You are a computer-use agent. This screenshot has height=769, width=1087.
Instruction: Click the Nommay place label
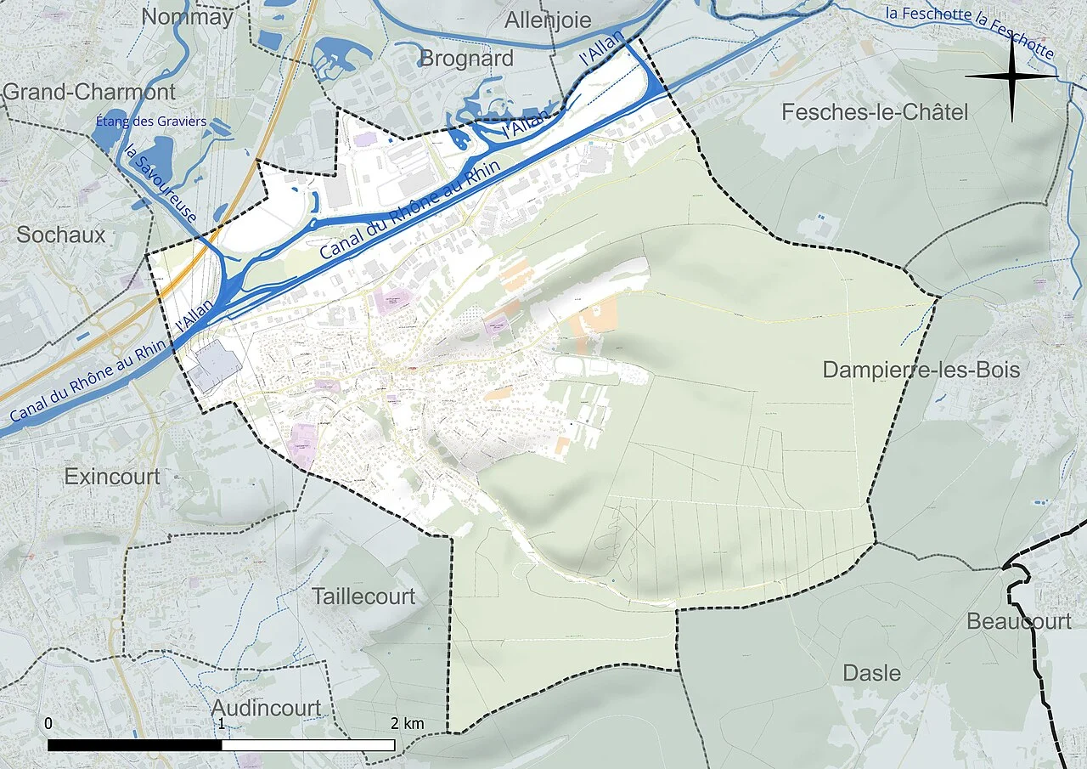click(x=187, y=17)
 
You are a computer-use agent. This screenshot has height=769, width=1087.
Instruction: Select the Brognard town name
click(x=467, y=59)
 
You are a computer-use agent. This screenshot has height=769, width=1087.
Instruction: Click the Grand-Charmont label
click(x=89, y=92)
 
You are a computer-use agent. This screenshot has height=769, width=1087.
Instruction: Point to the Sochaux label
click(x=60, y=235)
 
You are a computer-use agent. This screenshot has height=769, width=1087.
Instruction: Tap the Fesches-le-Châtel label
click(x=874, y=112)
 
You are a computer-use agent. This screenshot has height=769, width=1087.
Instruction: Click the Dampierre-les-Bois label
click(x=921, y=370)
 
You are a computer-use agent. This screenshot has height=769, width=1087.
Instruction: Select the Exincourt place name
click(x=111, y=477)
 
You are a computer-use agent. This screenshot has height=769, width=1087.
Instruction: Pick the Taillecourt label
click(x=363, y=597)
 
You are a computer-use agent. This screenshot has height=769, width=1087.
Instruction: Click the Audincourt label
click(x=266, y=708)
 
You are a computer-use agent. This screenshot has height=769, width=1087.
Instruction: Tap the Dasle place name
click(x=871, y=674)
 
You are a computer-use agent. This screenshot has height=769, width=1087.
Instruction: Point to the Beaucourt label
click(x=1018, y=622)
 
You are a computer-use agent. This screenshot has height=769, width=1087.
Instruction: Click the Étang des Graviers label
click(x=151, y=122)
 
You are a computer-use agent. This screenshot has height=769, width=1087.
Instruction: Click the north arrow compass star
click(x=1011, y=76)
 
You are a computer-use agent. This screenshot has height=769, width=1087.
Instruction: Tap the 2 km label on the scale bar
click(x=407, y=724)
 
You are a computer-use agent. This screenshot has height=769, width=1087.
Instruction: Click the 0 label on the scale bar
click(x=48, y=724)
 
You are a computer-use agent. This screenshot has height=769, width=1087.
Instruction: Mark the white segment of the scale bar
click(x=307, y=745)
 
